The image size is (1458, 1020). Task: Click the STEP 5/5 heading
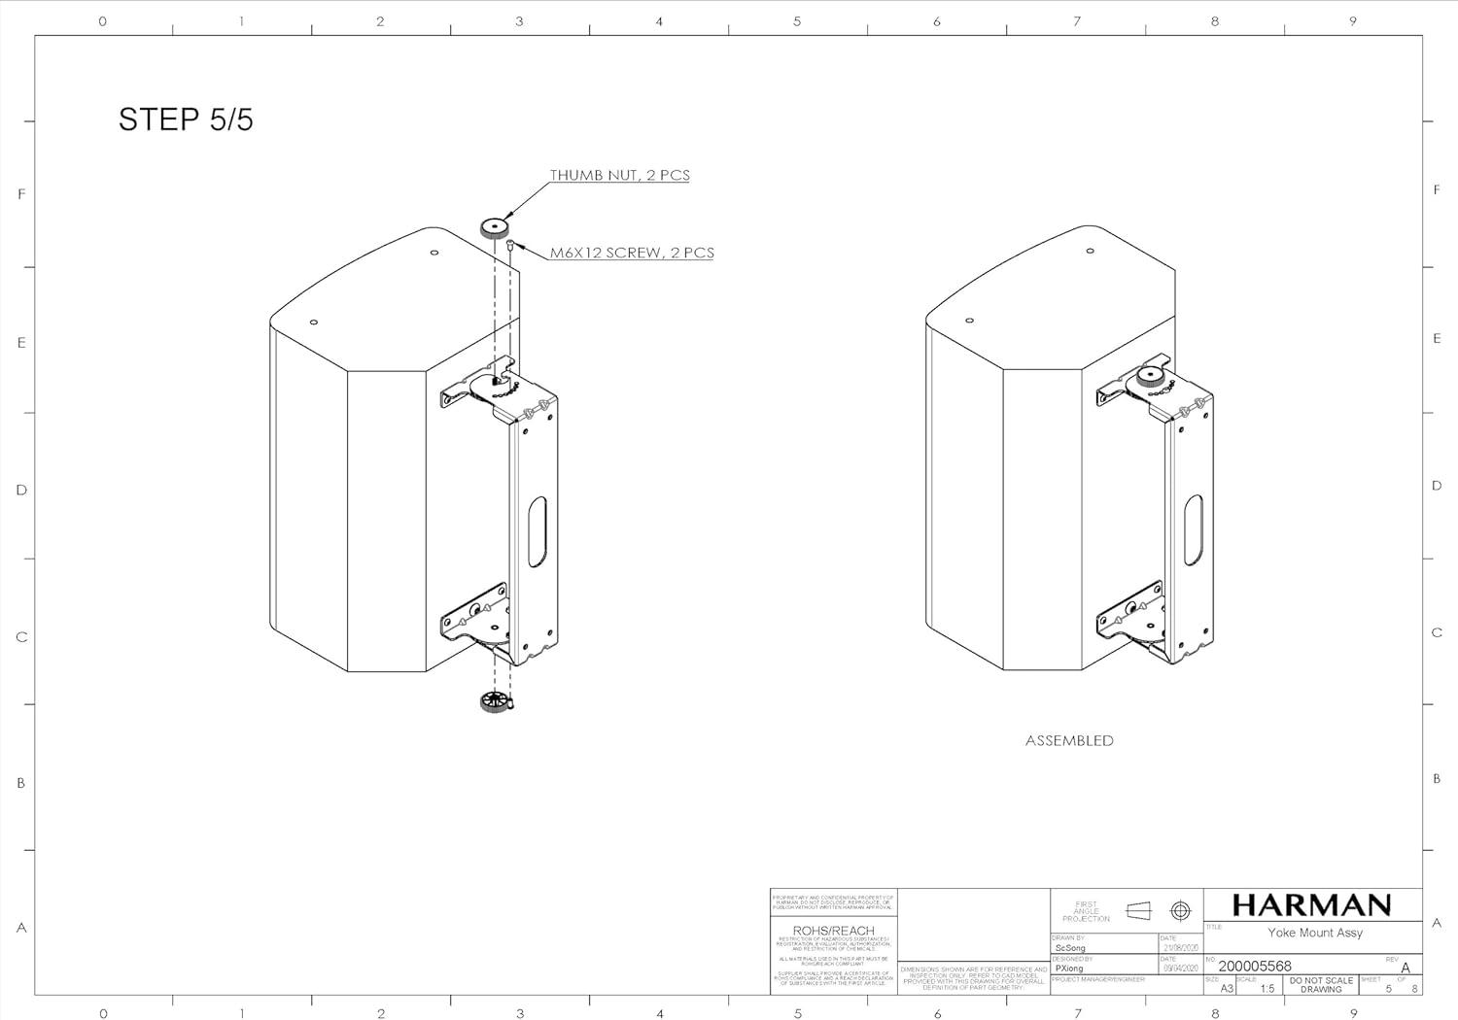[186, 119]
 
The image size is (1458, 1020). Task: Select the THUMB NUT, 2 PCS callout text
[619, 176]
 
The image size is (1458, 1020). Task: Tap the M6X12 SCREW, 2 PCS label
[632, 253]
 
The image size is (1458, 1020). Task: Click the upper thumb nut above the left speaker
[495, 229]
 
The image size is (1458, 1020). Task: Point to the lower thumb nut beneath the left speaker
[495, 701]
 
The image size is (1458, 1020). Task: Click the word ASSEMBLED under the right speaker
[1069, 740]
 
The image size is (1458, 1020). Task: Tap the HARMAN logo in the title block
[1311, 905]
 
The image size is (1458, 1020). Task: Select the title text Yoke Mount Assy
[1314, 933]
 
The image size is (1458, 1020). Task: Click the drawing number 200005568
[1255, 966]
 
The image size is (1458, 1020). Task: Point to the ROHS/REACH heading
[833, 931]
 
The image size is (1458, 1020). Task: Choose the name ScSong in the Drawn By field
[1070, 947]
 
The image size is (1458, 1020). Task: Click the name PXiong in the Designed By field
[1068, 969]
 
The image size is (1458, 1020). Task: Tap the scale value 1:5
[1267, 989]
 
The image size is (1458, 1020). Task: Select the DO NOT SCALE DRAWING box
[1321, 985]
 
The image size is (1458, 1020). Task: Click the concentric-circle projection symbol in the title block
[1180, 910]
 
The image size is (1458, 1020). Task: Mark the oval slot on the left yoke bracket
[537, 531]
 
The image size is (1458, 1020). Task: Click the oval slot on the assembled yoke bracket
[1193, 529]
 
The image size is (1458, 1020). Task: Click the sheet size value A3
[1227, 989]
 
